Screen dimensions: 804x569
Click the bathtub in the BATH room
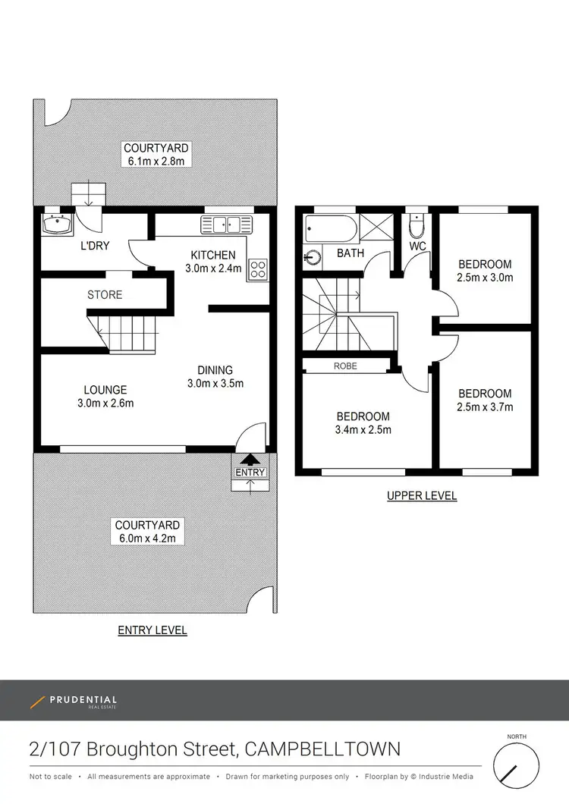(x=329, y=227)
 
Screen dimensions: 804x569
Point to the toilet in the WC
(x=417, y=226)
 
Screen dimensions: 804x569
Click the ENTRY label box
(x=250, y=472)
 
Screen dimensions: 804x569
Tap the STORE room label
(x=105, y=294)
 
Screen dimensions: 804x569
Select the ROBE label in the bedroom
(x=345, y=366)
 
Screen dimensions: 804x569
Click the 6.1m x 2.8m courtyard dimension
(x=156, y=161)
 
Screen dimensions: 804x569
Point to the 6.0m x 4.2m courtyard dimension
(x=147, y=539)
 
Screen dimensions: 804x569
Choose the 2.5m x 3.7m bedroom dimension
(x=485, y=407)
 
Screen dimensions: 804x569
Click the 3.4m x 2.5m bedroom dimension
(x=363, y=429)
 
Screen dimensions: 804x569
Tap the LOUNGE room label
(x=105, y=390)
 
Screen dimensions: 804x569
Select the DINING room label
(x=215, y=370)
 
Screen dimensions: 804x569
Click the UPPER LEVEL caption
(x=422, y=496)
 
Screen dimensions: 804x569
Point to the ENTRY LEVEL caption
(x=152, y=630)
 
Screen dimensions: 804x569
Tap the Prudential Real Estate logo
(x=74, y=702)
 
